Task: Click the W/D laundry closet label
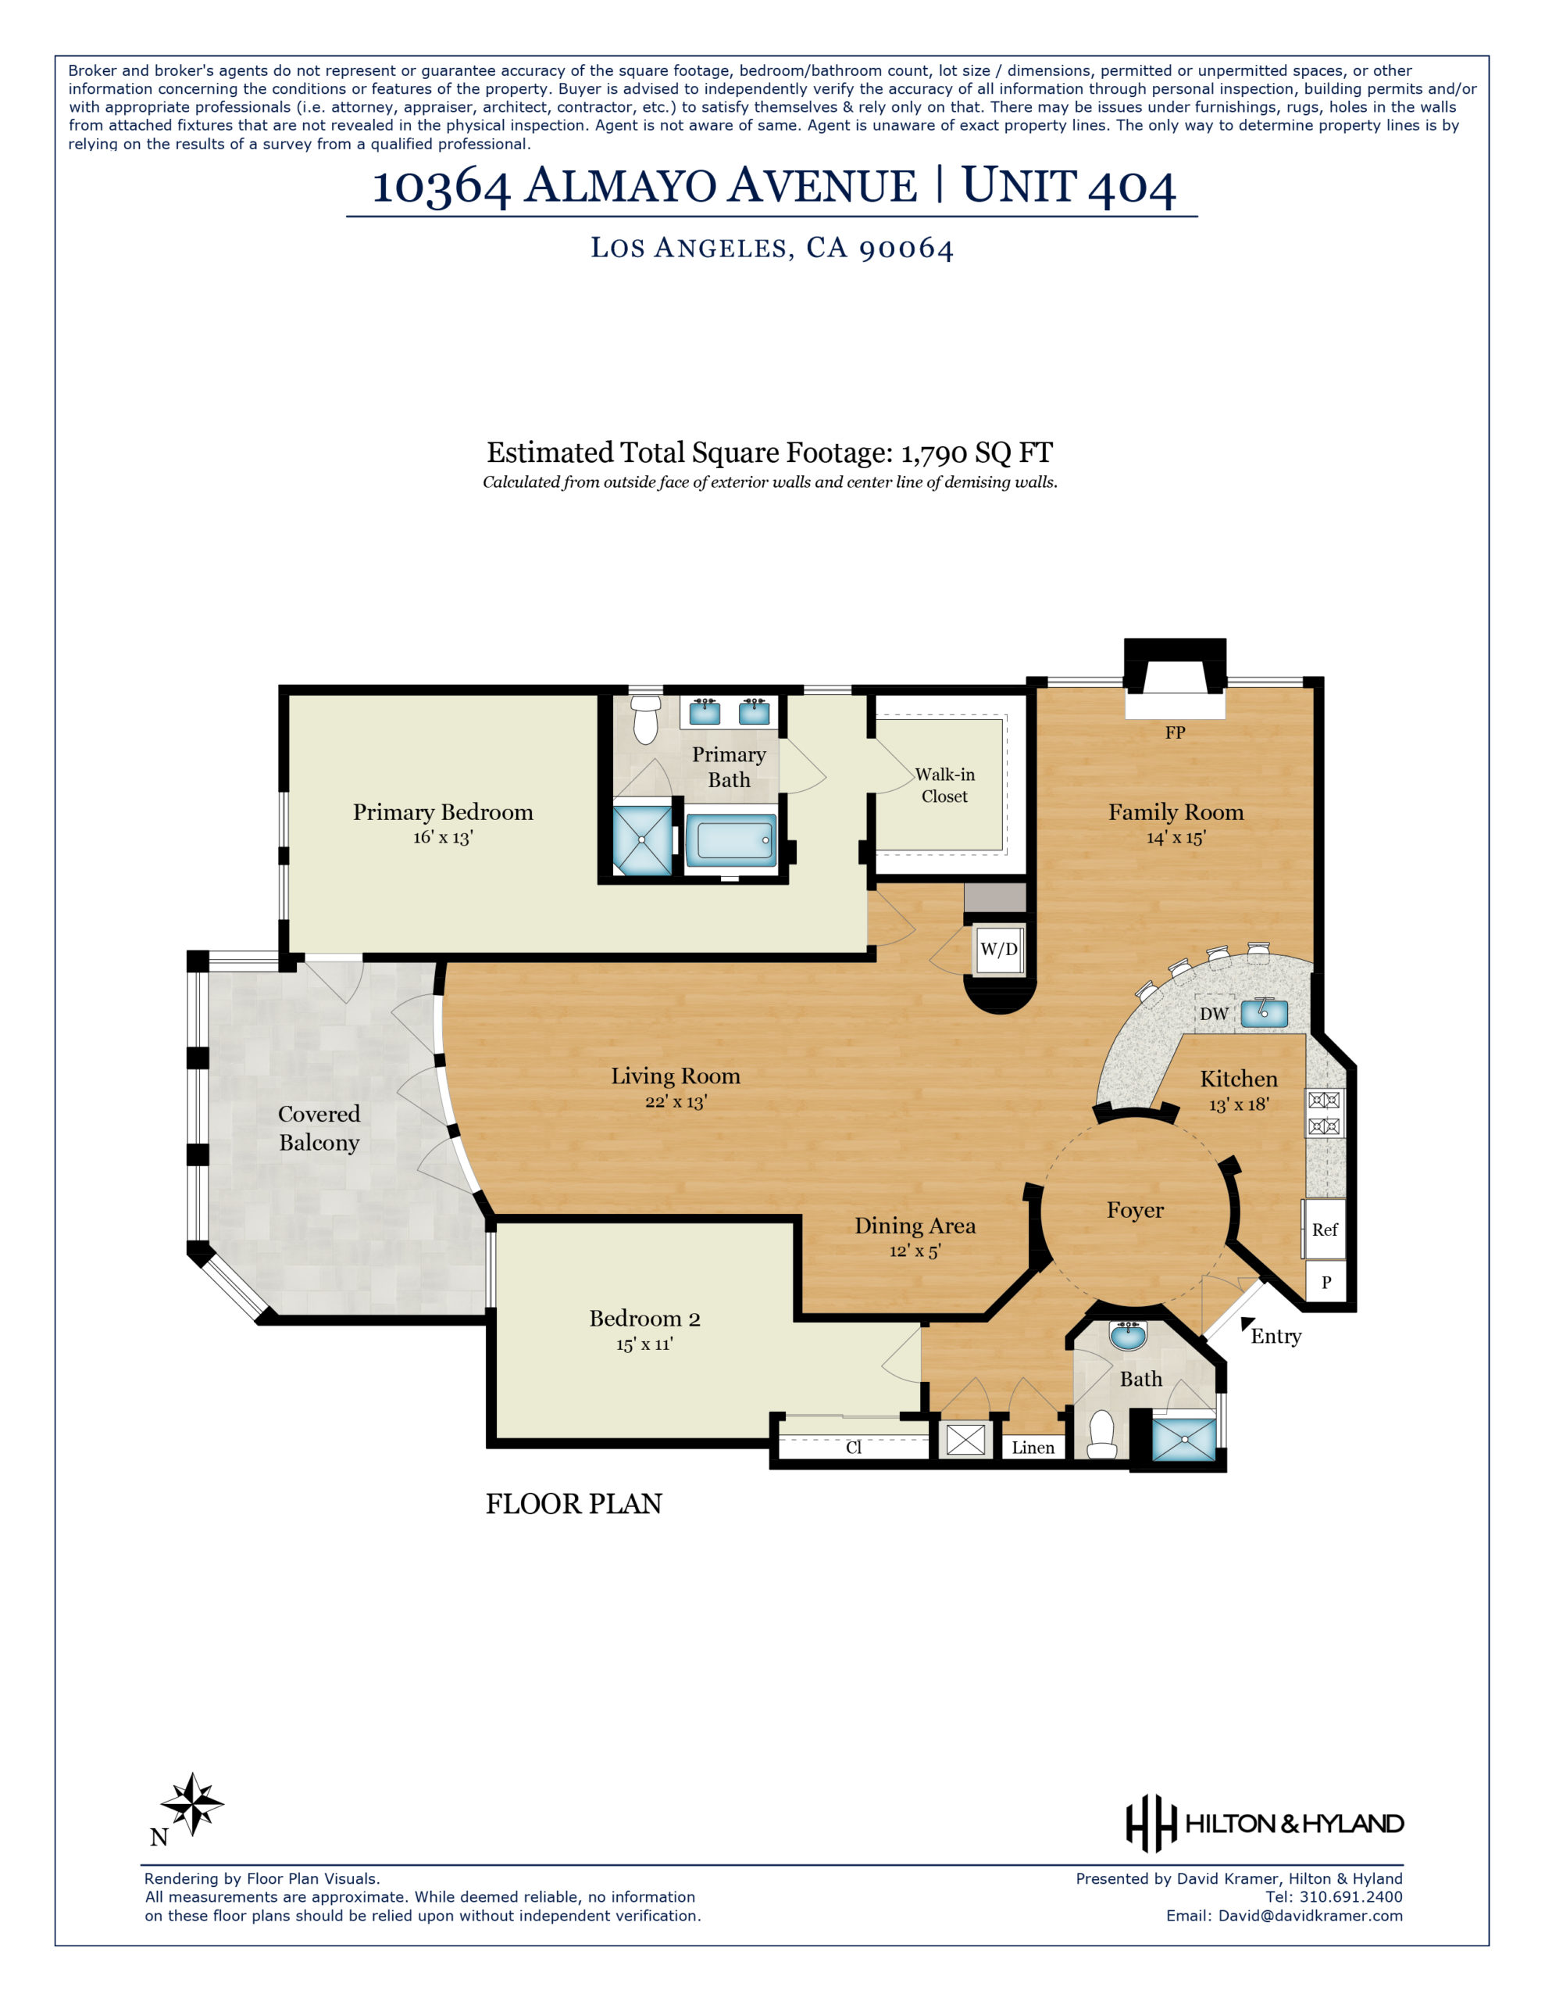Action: pyautogui.click(x=998, y=948)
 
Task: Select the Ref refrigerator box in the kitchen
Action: pyautogui.click(x=1324, y=1230)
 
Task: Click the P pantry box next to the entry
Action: pyautogui.click(x=1326, y=1283)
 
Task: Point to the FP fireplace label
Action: pyautogui.click(x=1175, y=732)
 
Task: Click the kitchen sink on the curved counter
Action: pyautogui.click(x=1264, y=1012)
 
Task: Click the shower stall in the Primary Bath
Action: pyautogui.click(x=641, y=839)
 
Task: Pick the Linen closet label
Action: pyautogui.click(x=1033, y=1448)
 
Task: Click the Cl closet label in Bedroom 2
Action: pyautogui.click(x=854, y=1448)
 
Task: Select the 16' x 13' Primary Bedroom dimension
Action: pyautogui.click(x=442, y=837)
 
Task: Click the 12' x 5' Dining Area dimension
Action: pyautogui.click(x=915, y=1251)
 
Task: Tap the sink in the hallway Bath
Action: pyautogui.click(x=1127, y=1337)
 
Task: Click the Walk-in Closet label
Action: pyautogui.click(x=944, y=786)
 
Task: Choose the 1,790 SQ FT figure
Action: pyautogui.click(x=976, y=453)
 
